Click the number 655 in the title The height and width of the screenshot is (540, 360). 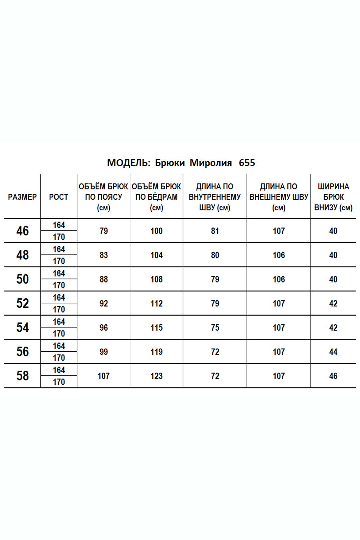pos(247,163)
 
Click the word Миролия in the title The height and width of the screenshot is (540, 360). pos(211,163)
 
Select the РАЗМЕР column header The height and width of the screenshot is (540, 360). pos(22,197)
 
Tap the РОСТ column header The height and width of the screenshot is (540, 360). pos(58,197)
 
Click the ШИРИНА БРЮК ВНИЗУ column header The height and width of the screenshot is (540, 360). pos(333,197)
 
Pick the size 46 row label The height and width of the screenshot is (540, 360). pos(22,231)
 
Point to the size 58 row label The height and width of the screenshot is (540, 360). pos(22,376)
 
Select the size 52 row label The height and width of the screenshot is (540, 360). pos(22,303)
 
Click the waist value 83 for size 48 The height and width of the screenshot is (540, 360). pos(104,255)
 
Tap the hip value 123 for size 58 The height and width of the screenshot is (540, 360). pos(156,376)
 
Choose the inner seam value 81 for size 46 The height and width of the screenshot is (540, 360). pos(215,231)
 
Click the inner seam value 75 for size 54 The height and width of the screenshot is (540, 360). pos(215,328)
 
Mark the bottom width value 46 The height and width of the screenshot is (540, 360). pos(333,376)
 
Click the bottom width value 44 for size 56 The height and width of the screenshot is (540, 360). pos(333,352)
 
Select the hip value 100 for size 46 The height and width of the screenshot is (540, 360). pos(156,231)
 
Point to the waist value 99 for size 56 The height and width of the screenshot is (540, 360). pos(104,352)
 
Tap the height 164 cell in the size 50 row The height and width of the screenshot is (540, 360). pos(59,273)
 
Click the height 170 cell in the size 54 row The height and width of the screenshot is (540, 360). pos(59,333)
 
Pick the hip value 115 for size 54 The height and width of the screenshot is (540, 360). pos(156,328)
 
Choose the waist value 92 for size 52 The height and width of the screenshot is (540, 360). pos(104,304)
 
